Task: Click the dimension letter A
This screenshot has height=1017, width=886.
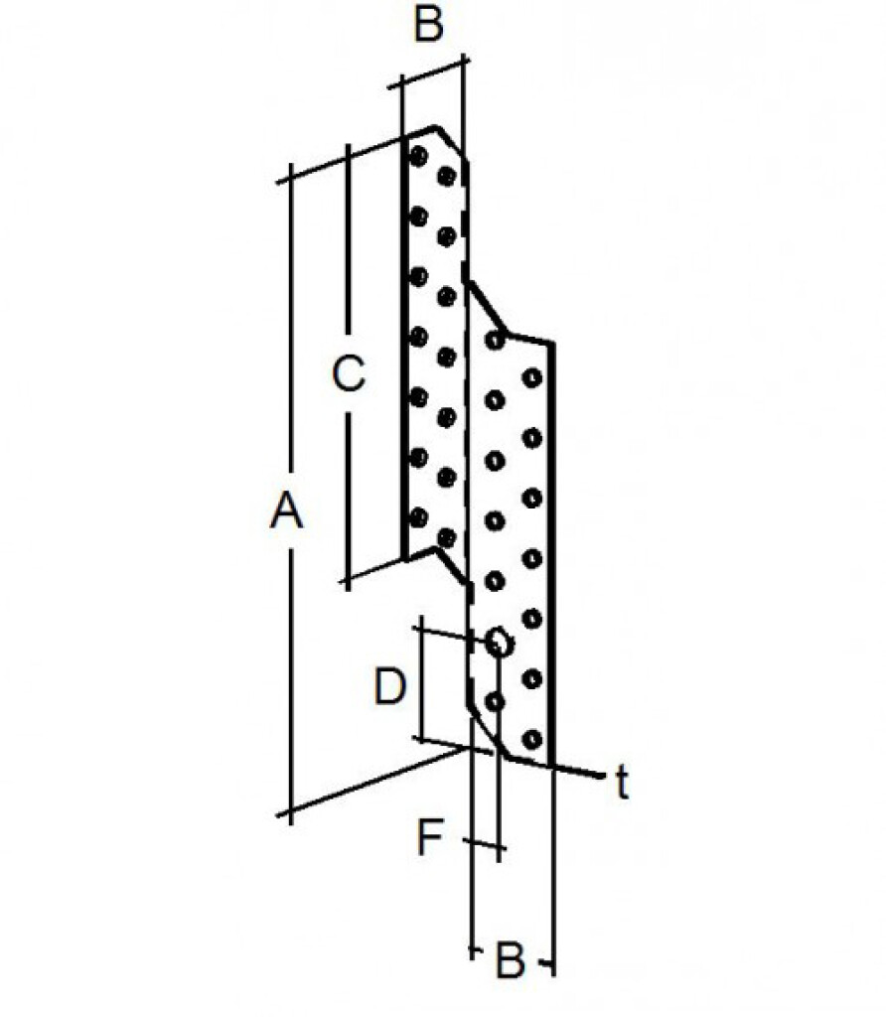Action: (287, 511)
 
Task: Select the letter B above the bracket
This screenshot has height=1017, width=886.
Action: (429, 24)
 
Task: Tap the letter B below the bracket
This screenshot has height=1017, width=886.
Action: (510, 960)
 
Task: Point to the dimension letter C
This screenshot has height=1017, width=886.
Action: (349, 373)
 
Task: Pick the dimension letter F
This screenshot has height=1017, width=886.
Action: (429, 837)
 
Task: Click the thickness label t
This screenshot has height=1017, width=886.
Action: (623, 783)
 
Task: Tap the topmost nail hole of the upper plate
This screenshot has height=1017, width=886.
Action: (419, 156)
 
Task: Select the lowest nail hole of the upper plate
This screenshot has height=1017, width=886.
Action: (446, 537)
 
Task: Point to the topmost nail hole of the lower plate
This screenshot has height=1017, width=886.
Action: (495, 340)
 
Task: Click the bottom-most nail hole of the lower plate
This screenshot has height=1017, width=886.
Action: (531, 739)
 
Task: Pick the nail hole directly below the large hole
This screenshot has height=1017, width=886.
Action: (495, 702)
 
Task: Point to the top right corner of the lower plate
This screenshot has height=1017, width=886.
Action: (553, 343)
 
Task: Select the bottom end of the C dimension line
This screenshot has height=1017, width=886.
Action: (349, 589)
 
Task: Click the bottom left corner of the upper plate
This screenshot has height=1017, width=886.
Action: (403, 559)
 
